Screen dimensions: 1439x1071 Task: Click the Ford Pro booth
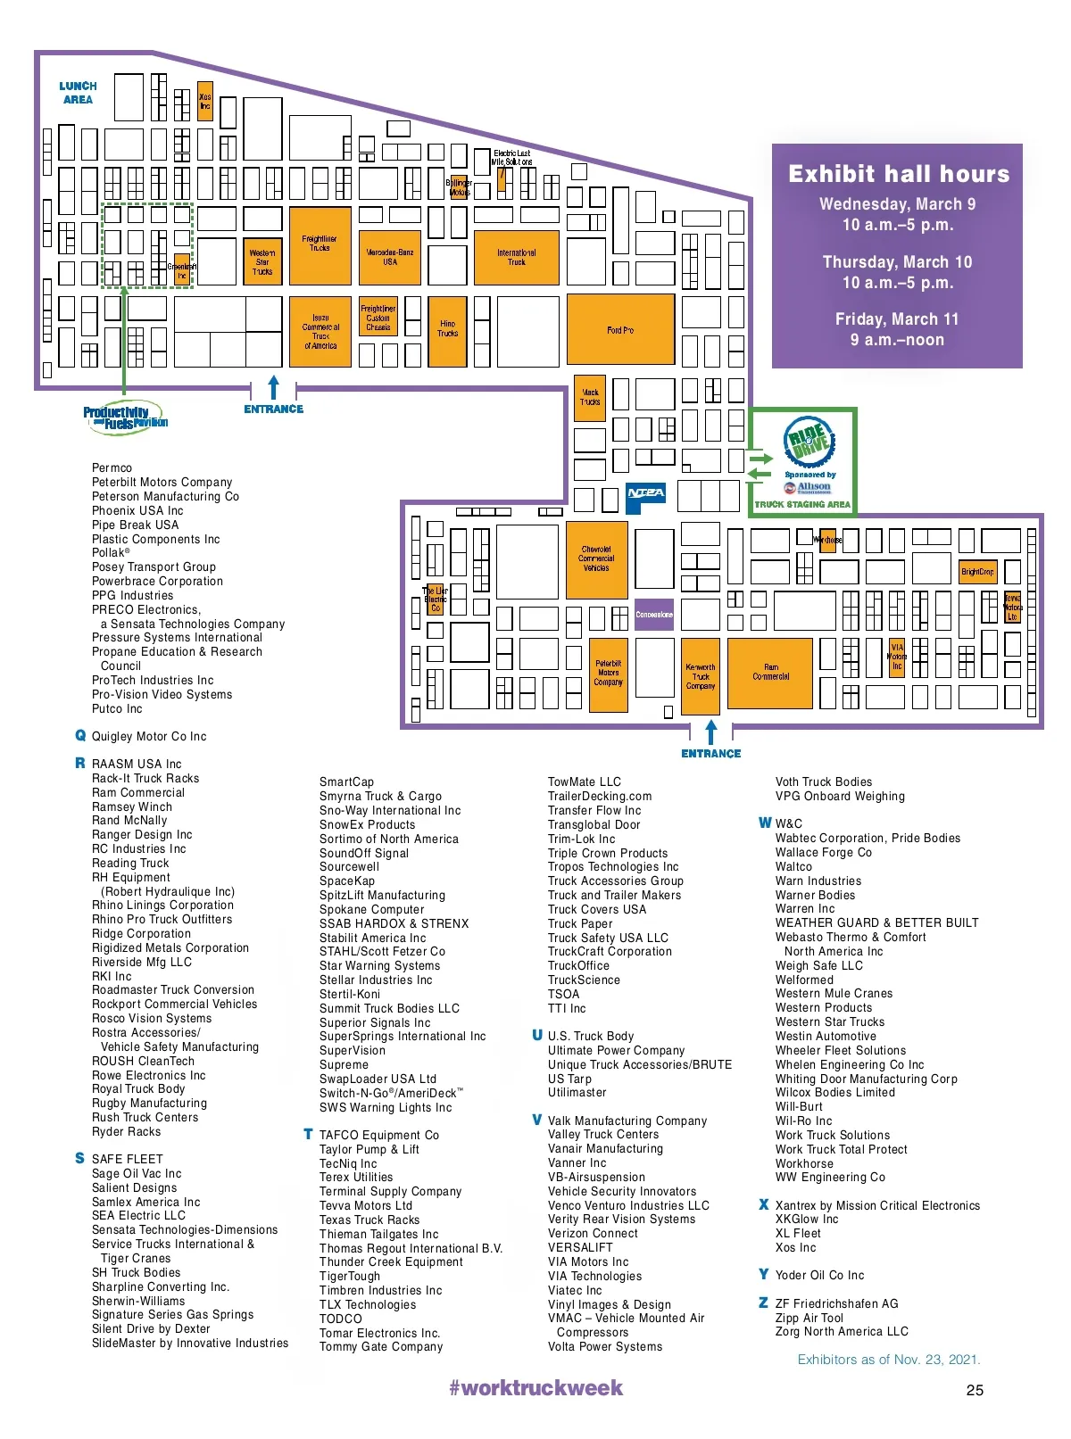[620, 329]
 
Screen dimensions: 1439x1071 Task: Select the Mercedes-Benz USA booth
[390, 258]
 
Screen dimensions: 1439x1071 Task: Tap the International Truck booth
[517, 258]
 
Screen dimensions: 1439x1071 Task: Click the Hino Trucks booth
[448, 329]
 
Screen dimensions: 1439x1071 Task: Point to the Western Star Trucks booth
[262, 261]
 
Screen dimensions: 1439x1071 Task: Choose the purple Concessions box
[654, 615]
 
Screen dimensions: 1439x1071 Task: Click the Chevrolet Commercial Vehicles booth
[596, 559]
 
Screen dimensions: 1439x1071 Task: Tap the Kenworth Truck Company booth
[701, 676]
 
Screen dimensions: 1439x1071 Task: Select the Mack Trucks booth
[590, 398]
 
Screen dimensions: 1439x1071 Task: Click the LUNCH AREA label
[78, 93]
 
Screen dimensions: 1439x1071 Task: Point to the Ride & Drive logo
[809, 442]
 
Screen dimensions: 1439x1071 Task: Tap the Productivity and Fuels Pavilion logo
[125, 418]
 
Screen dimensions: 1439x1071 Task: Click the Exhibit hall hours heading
[898, 174]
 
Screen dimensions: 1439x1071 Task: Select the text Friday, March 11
[897, 319]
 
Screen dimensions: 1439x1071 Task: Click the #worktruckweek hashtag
[535, 1388]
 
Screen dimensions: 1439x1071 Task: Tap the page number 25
[975, 1390]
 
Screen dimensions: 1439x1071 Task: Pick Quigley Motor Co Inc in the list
[149, 737]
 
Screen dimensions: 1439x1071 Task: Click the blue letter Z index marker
[763, 1303]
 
